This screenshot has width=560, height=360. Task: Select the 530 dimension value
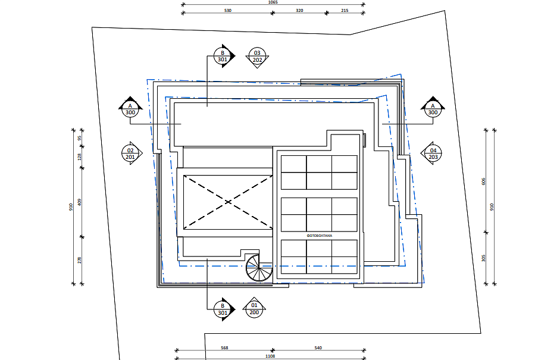coord(228,11)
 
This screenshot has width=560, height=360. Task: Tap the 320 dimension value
coord(299,11)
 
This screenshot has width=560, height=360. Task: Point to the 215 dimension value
coord(345,11)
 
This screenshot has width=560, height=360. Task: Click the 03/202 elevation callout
coord(258,57)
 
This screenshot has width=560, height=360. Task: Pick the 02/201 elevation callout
coord(131,153)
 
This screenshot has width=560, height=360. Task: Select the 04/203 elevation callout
coord(433,153)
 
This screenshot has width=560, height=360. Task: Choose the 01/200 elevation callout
coord(254,308)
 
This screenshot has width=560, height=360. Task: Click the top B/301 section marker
coord(222,56)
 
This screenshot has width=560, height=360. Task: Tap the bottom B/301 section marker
coord(222,309)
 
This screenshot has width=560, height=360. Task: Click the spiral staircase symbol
coord(259,270)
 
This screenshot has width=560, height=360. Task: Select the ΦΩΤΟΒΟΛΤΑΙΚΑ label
coord(319,236)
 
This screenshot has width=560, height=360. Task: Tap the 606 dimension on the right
coord(484,181)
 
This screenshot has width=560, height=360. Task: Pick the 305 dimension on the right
coord(484,258)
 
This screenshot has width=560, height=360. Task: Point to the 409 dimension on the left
coord(79,202)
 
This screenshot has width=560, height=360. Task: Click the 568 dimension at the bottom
coord(224,348)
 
